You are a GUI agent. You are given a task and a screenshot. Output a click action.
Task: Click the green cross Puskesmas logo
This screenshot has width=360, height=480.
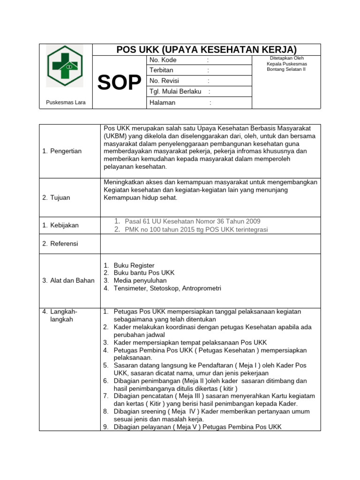[x=65, y=66]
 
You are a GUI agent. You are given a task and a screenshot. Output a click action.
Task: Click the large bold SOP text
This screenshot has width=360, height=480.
[x=120, y=83]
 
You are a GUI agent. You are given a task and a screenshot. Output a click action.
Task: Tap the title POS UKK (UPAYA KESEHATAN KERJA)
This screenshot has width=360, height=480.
[x=206, y=50]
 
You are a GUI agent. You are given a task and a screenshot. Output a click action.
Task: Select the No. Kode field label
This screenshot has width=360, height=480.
[x=163, y=60]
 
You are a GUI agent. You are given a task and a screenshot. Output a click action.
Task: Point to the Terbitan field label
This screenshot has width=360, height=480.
[x=161, y=70]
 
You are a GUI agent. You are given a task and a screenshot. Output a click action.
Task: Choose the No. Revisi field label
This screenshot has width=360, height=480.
[x=164, y=81]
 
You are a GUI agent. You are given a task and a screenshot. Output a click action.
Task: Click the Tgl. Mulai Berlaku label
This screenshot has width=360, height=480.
[x=175, y=91]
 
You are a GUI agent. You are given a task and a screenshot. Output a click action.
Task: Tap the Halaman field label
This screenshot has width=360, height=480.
[x=162, y=102]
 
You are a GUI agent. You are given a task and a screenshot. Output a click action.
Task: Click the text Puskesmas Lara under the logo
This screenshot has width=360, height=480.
[x=66, y=103]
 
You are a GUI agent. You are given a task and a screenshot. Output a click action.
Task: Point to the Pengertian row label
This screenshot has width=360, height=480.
[x=62, y=151]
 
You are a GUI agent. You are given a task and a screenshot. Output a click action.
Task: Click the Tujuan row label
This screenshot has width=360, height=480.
[x=56, y=197]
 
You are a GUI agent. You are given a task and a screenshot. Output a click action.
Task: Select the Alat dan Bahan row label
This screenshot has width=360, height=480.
[x=68, y=280]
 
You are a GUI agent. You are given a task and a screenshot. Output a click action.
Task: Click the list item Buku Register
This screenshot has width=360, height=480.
[x=134, y=265]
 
